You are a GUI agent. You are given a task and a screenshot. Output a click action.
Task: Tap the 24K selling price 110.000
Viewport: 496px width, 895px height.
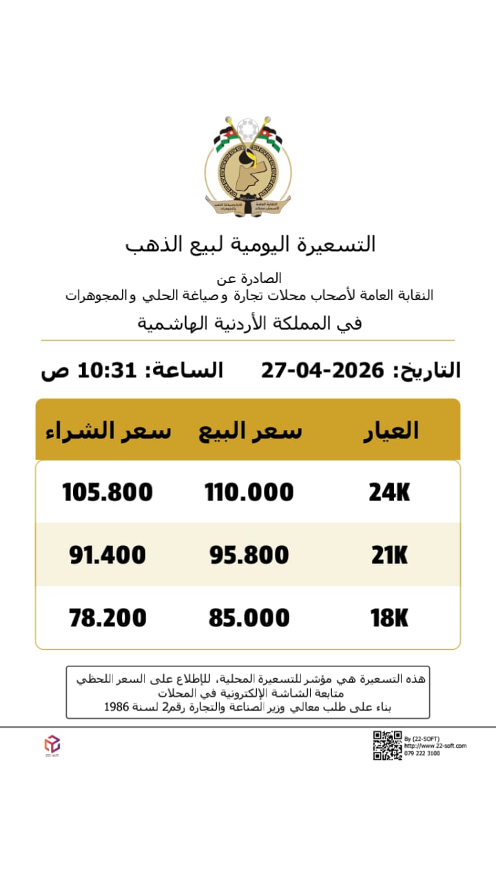(249, 492)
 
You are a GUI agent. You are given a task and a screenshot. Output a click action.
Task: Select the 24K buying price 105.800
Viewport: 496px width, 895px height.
(107, 492)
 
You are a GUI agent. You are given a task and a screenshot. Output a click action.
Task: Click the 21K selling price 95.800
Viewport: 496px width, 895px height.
(249, 555)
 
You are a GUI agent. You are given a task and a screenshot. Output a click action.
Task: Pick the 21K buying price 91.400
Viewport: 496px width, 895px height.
(107, 555)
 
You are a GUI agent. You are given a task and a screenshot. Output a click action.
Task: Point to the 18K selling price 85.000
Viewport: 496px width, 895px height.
(249, 618)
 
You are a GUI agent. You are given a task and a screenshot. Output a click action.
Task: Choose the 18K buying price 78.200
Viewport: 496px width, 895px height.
(107, 618)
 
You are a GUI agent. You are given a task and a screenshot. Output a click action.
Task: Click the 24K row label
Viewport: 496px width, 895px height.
(389, 492)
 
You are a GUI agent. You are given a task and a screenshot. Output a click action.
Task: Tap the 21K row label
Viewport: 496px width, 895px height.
(389, 555)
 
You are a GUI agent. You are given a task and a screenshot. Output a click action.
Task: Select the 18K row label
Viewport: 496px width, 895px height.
(389, 618)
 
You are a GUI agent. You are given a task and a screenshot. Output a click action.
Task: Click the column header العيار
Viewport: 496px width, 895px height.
(391, 430)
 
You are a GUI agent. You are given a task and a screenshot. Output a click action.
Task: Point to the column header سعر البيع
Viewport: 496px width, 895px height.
(250, 430)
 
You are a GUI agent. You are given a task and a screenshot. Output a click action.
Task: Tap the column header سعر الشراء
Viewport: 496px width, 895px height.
(108, 430)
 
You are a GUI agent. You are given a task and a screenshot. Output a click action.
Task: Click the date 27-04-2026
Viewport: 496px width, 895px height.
(322, 371)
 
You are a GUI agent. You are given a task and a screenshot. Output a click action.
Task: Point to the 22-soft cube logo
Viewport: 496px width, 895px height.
(52, 744)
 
